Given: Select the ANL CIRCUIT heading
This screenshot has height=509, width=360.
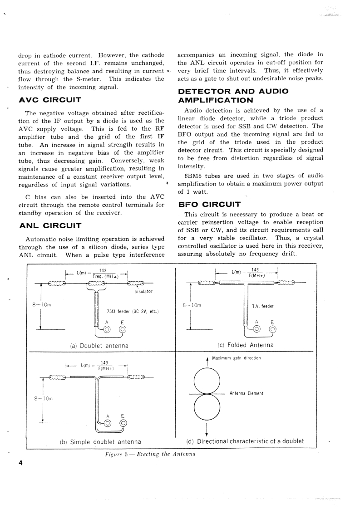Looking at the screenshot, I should [x=50, y=225].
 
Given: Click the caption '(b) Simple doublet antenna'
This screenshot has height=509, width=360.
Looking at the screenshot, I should [x=100, y=441].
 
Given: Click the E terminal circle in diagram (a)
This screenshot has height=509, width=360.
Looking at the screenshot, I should [x=123, y=330].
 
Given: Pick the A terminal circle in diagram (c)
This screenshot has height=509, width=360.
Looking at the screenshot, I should [x=256, y=330].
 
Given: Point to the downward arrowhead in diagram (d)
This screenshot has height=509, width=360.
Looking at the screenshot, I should [x=207, y=432].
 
